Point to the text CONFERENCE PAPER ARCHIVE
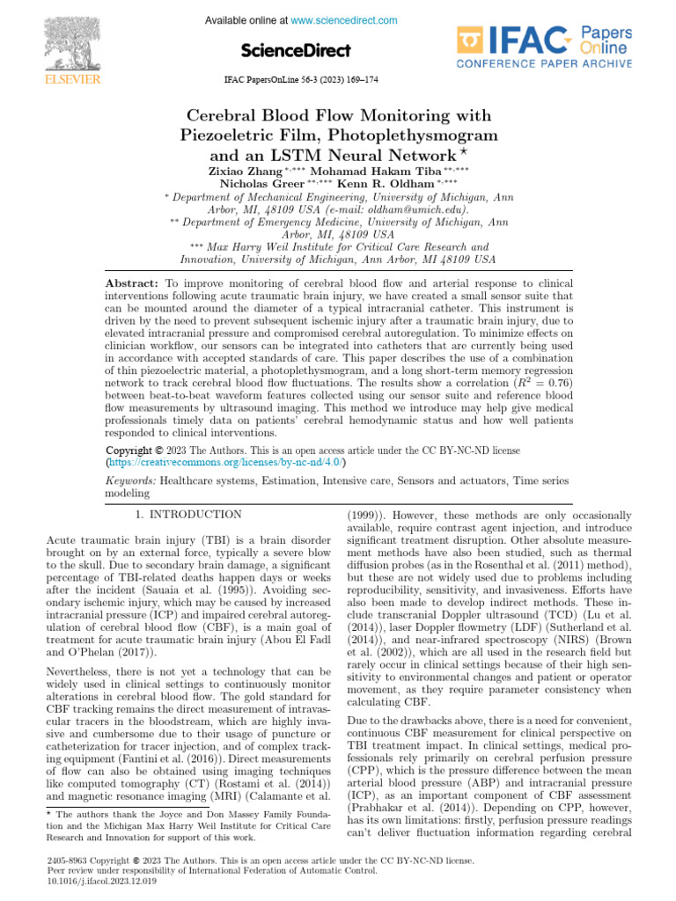click(543, 63)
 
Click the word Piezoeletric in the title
click(227, 136)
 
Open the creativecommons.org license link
click(226, 461)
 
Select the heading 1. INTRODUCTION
click(187, 514)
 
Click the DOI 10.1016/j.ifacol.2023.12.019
click(100, 880)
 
